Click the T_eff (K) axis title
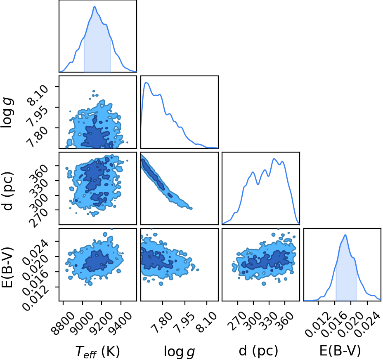[98, 352]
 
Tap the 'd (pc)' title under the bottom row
[258, 351]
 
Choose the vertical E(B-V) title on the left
[7, 267]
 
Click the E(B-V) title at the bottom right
[340, 351]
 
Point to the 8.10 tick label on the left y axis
[38, 95]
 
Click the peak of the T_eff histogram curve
[95, 6]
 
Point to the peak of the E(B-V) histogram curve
[345, 235]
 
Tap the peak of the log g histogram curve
[147, 82]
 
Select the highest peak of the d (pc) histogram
[274, 159]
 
